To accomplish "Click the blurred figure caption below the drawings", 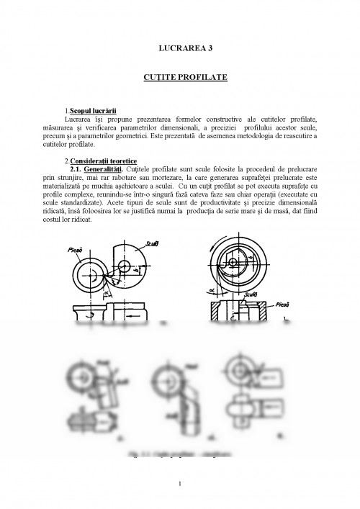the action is [x=181, y=455].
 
